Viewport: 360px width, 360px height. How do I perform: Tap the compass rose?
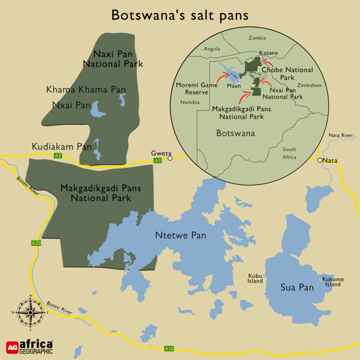point(30,311)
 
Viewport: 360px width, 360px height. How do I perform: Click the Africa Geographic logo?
point(30,346)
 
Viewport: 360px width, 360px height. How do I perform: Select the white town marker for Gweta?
point(170,158)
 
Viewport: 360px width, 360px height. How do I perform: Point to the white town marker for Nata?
point(320,160)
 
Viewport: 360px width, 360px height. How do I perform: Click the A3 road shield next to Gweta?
point(158,161)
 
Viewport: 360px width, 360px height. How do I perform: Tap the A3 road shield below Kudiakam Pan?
point(58,155)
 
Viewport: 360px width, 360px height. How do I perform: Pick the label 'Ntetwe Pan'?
point(180,235)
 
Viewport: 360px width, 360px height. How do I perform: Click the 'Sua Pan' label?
point(297,287)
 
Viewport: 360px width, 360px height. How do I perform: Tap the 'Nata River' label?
point(341,135)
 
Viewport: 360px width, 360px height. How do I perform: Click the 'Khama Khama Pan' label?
point(86,90)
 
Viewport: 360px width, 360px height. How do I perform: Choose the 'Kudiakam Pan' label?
point(61,147)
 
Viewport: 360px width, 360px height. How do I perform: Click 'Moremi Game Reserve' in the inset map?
point(197,88)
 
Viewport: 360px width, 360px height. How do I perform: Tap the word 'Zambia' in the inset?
point(257,38)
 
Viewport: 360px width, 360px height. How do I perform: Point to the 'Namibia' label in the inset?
point(189,102)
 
